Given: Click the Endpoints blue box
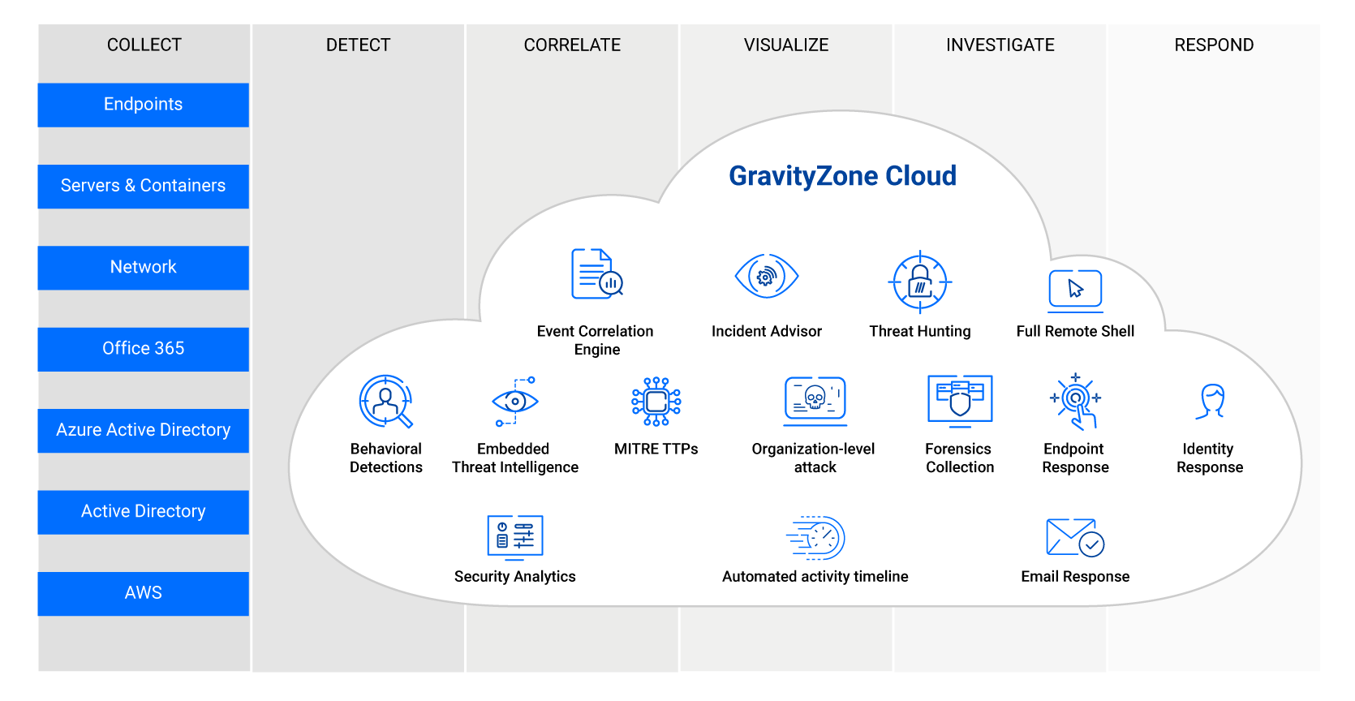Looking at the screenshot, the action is (144, 105).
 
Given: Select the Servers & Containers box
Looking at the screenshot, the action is (144, 187).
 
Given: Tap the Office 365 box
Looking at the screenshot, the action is (144, 349).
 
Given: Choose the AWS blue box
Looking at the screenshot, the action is (144, 593).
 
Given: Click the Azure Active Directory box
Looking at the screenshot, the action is (144, 431).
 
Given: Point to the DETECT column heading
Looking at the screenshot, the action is (358, 45).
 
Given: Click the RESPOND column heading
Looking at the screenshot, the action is (1214, 45).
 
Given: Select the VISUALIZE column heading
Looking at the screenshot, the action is (785, 45).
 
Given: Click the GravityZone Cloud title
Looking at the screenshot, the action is (843, 176).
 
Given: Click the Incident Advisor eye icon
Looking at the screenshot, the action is (767, 277).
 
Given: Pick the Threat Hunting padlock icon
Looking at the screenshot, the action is (920, 282).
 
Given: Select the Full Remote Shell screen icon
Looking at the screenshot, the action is (1075, 291).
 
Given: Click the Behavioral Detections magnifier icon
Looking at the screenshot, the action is (386, 402).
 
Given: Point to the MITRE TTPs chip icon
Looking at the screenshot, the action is (656, 402).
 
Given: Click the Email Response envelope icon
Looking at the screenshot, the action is (1075, 537).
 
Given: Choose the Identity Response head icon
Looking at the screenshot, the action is (1211, 401).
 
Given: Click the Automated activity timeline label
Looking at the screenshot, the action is (815, 576).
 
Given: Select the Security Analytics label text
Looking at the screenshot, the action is (514, 576).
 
